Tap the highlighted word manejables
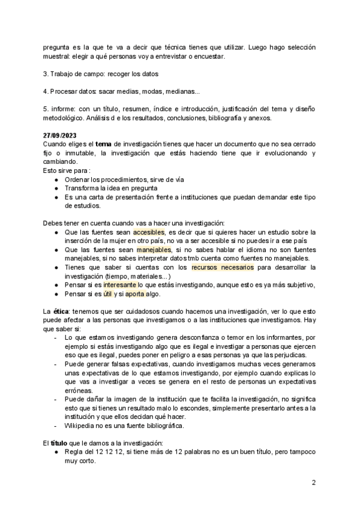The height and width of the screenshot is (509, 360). coord(154,249)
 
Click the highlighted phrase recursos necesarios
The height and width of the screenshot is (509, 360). coord(222,267)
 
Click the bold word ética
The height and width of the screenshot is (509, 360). coord(61,312)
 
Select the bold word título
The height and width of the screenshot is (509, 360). coord(60,444)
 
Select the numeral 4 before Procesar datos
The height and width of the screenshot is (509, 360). coord(46,91)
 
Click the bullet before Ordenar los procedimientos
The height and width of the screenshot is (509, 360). coord(56,179)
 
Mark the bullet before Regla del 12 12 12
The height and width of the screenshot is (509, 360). coord(56,453)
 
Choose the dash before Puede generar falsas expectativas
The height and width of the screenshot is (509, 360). coord(56,364)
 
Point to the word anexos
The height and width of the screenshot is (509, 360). coord(259,118)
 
